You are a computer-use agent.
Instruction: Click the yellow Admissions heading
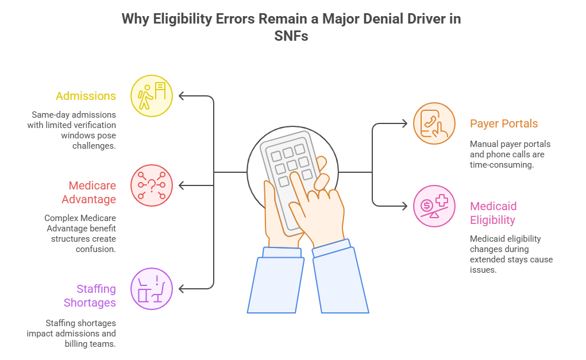[86, 96]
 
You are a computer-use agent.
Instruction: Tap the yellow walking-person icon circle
[152, 96]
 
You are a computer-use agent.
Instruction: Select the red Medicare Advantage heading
[89, 192]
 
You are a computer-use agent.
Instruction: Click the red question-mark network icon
[152, 185]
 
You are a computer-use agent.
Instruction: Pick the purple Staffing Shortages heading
[90, 296]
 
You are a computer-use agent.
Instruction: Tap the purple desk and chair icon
[152, 289]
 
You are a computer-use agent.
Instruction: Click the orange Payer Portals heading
[504, 123]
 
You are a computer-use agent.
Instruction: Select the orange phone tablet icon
[434, 123]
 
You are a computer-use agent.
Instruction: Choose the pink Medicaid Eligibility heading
[494, 213]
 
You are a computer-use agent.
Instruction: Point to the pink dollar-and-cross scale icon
[434, 206]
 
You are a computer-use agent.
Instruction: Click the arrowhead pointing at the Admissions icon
[182, 96]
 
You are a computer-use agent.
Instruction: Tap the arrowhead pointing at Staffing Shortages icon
[182, 289]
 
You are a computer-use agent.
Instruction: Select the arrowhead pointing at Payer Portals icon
[404, 123]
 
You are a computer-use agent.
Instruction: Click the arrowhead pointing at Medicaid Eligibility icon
[404, 206]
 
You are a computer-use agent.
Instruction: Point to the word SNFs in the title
[291, 36]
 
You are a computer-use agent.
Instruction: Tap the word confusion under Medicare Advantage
[96, 249]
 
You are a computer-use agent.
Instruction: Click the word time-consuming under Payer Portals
[502, 165]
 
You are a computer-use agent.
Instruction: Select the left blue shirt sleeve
[276, 280]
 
